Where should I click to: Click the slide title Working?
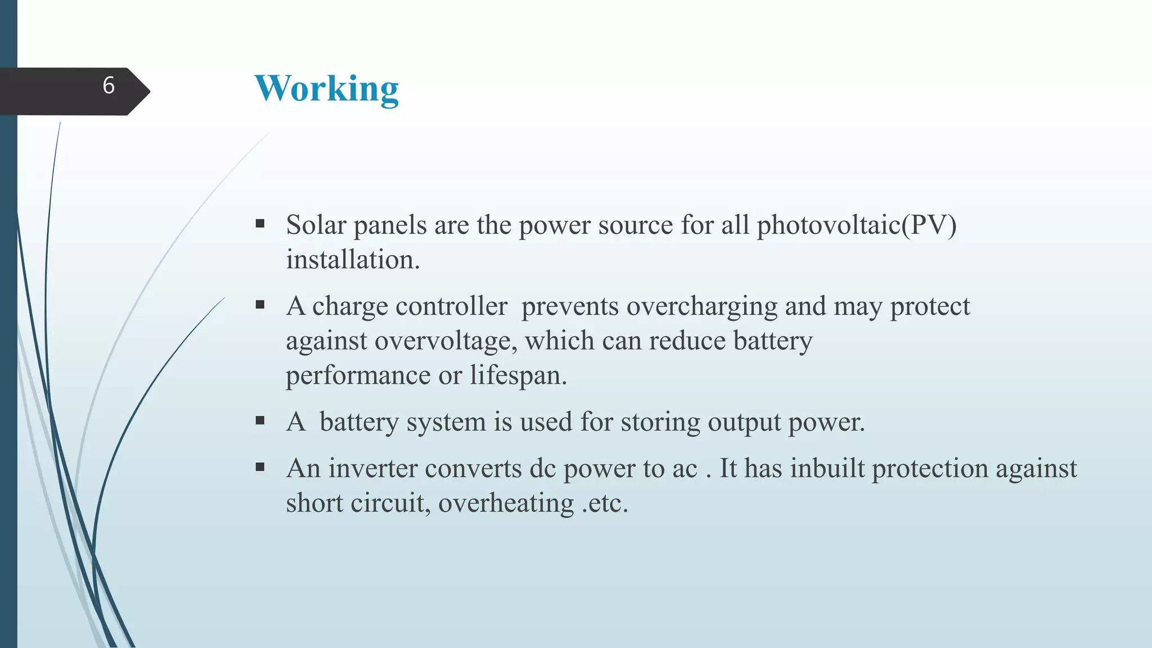click(326, 89)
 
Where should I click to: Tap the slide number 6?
click(109, 85)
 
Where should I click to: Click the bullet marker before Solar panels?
click(260, 224)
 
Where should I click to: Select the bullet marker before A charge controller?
click(260, 305)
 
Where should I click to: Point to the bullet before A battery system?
click(260, 420)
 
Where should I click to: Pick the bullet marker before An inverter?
click(260, 467)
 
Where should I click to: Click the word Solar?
click(316, 225)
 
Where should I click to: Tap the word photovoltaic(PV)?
click(856, 225)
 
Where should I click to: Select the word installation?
click(353, 260)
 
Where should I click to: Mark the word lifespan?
click(518, 376)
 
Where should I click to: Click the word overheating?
click(506, 503)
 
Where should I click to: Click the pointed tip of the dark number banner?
click(148, 91)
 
